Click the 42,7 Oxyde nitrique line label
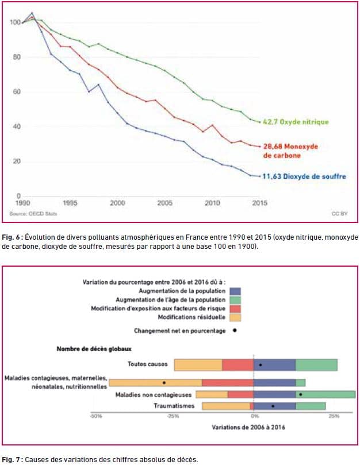(x=296, y=122)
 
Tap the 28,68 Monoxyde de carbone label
(x=290, y=151)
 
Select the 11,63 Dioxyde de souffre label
(x=304, y=176)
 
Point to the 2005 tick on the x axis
(x=164, y=203)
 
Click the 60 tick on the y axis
(x=17, y=91)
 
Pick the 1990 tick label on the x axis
(x=22, y=203)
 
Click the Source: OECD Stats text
(x=33, y=213)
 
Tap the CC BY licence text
(x=339, y=213)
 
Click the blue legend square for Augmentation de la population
(x=235, y=291)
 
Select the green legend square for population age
(x=235, y=300)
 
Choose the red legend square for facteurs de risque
(x=235, y=309)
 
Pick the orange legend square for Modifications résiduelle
(x=235, y=318)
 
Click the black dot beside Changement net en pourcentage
(x=235, y=331)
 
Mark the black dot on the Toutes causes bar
(x=261, y=365)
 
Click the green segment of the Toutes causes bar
(x=316, y=365)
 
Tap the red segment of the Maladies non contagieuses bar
(x=241, y=395)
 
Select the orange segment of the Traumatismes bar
(x=226, y=406)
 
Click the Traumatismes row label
(x=174, y=406)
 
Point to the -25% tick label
(x=173, y=416)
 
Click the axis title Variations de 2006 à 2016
(x=248, y=427)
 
